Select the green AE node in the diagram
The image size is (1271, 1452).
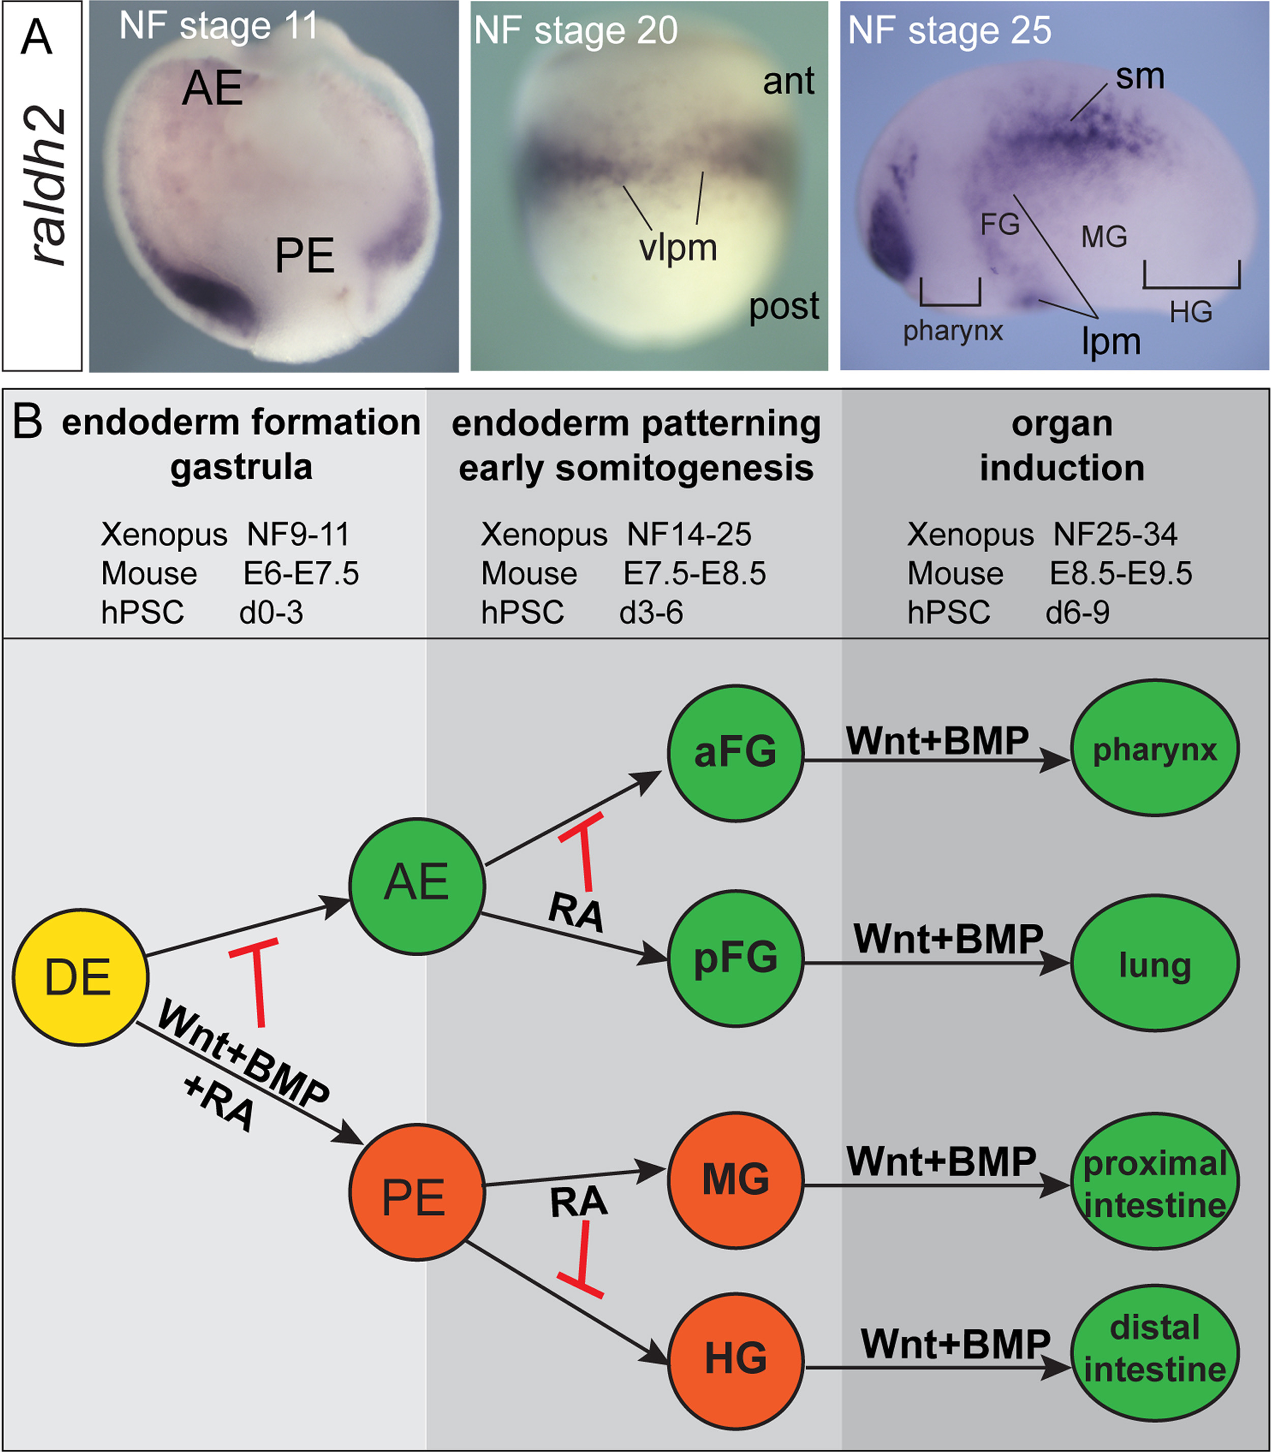click(x=417, y=885)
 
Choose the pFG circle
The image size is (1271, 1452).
click(x=736, y=958)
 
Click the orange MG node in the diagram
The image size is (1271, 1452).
click(x=736, y=1179)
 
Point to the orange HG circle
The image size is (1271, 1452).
click(x=736, y=1357)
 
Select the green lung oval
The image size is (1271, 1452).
click(x=1155, y=963)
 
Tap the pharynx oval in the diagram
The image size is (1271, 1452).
click(x=1155, y=748)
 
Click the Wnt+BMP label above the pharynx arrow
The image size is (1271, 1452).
click(x=937, y=741)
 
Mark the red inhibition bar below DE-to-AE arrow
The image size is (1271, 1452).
click(x=257, y=982)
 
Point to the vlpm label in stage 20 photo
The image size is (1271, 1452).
click(x=677, y=248)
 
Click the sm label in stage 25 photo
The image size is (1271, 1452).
click(x=1140, y=76)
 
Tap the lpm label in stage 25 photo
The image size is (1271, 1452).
click(x=1111, y=342)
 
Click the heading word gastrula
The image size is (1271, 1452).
click(x=241, y=467)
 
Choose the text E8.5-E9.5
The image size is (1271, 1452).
click(x=1121, y=573)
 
